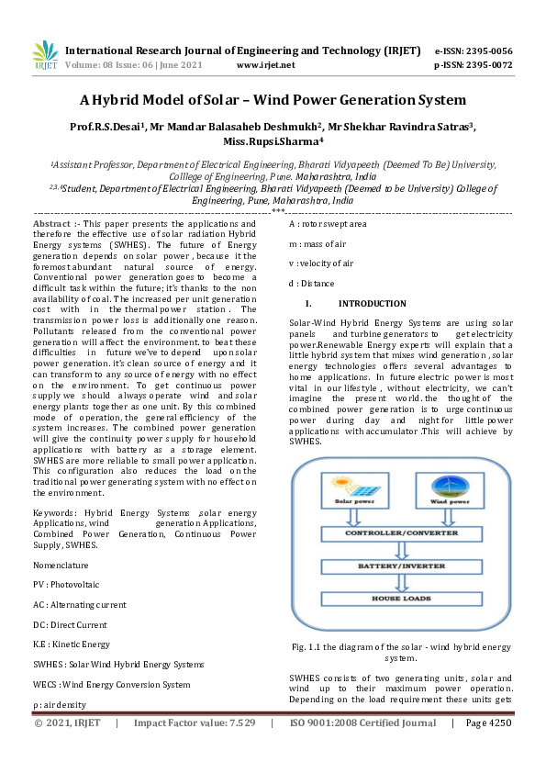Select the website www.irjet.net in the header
click(265, 65)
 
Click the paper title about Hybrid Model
click(273, 100)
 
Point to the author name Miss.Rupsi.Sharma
click(273, 142)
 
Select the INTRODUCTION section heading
click(372, 304)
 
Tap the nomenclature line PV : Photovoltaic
click(66, 584)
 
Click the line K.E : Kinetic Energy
click(72, 644)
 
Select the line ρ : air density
click(60, 705)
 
